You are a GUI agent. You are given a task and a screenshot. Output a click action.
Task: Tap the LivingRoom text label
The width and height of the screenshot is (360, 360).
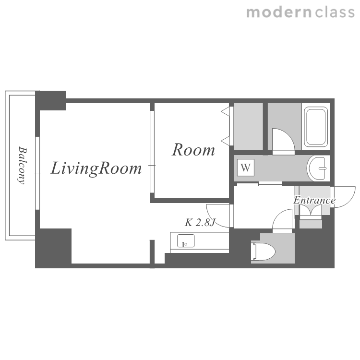(x=96, y=169)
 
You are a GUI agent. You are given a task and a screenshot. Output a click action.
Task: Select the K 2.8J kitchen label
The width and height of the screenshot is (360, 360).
(x=200, y=222)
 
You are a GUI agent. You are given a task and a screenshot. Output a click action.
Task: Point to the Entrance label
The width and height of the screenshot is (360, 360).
(x=314, y=200)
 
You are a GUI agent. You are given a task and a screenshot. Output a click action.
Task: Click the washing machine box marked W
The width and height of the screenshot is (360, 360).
(x=246, y=168)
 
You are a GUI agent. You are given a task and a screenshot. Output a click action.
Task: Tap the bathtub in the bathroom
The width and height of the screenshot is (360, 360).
(x=316, y=127)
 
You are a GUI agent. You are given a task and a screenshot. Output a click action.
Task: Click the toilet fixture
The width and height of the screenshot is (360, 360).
(x=263, y=252)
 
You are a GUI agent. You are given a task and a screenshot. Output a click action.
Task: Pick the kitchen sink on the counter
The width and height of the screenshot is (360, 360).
(x=186, y=240)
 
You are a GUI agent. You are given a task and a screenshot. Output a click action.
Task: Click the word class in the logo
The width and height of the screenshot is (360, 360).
(x=335, y=12)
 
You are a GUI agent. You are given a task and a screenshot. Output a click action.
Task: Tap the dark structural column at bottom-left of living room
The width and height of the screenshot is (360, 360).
(x=53, y=248)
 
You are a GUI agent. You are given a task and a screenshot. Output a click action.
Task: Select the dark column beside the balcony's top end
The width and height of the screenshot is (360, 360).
(x=50, y=101)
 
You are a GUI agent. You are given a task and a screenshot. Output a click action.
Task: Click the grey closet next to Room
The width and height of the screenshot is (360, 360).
(x=249, y=127)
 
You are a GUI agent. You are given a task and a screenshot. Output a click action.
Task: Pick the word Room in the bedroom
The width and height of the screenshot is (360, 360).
(x=193, y=150)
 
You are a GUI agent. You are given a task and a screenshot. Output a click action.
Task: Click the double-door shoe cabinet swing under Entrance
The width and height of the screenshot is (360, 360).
(x=311, y=210)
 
